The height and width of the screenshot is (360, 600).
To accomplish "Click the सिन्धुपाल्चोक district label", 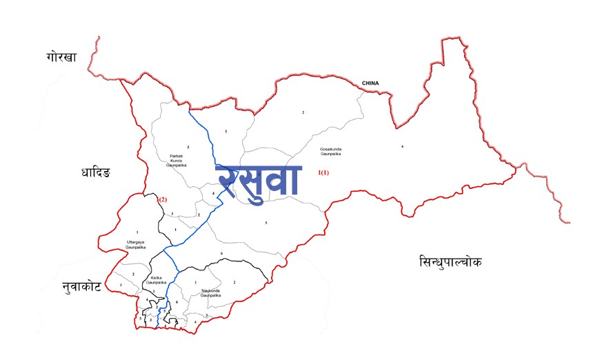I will click(x=450, y=261).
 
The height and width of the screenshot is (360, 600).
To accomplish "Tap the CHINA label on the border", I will click(x=370, y=83).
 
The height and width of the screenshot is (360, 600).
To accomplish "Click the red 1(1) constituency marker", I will click(x=323, y=172).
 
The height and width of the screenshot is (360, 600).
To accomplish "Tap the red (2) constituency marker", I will click(x=162, y=199).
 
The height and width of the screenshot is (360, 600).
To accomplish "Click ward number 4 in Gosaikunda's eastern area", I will click(x=402, y=146).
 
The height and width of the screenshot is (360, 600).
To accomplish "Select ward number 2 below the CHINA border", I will click(x=302, y=112).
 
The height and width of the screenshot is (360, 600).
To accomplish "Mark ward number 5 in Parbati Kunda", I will click(x=188, y=147).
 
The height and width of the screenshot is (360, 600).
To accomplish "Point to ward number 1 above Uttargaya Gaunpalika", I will click(x=137, y=232).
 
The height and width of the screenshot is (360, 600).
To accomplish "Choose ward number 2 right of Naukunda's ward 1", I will click(x=234, y=282).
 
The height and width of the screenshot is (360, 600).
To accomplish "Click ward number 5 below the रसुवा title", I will click(x=266, y=223).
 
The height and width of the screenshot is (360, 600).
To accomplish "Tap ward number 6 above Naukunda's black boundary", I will click(x=221, y=254).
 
